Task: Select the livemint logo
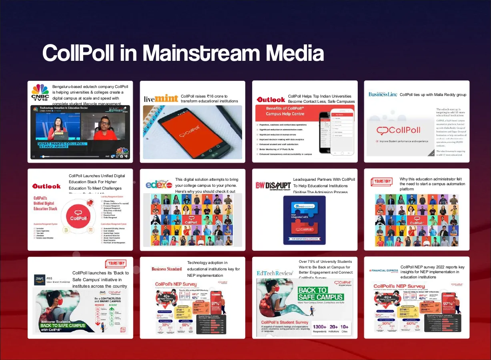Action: point(161,98)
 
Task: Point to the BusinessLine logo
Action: point(383,94)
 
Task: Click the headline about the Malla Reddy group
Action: point(433,95)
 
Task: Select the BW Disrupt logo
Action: point(273,185)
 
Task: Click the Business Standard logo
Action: point(167,269)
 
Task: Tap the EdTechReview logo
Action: point(275,273)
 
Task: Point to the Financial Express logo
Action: point(384,270)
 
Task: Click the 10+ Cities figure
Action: point(344,327)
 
